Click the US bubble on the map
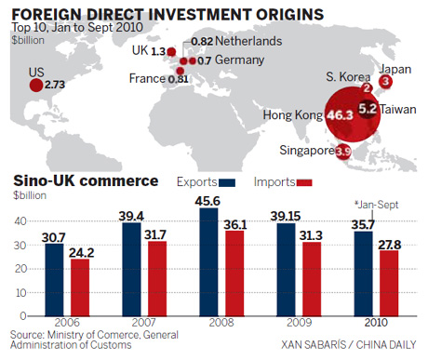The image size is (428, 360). coord(35,86)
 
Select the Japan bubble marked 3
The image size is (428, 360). coord(386,82)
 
